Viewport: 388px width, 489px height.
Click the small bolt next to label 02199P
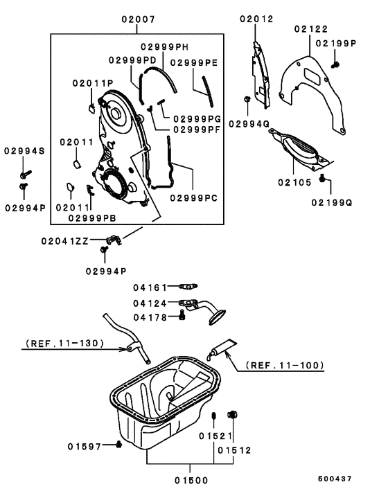pyautogui.click(x=335, y=64)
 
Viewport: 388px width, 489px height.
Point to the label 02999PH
pyautogui.click(x=164, y=46)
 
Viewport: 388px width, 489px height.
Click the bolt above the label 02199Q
pyautogui.click(x=323, y=179)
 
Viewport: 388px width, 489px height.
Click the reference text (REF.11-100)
pyautogui.click(x=286, y=364)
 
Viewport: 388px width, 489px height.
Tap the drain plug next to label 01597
pyautogui.click(x=119, y=444)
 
